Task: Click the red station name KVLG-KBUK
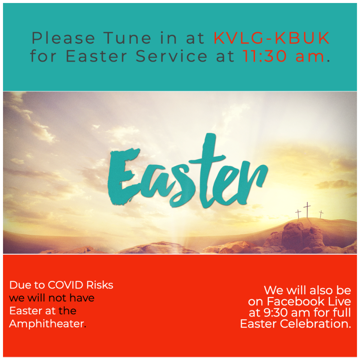pos(271,38)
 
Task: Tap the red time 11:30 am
pos(284,56)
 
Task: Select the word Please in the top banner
pos(63,38)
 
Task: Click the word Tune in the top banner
pos(127,38)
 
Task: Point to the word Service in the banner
pos(171,56)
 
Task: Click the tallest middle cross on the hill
pos(307,210)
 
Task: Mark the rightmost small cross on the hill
pos(321,214)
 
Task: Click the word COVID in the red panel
pos(65,285)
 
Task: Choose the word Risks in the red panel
pos(100,285)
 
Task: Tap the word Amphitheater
pos(48,324)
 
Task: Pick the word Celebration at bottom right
pos(315,324)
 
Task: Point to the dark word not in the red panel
pos(59,298)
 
